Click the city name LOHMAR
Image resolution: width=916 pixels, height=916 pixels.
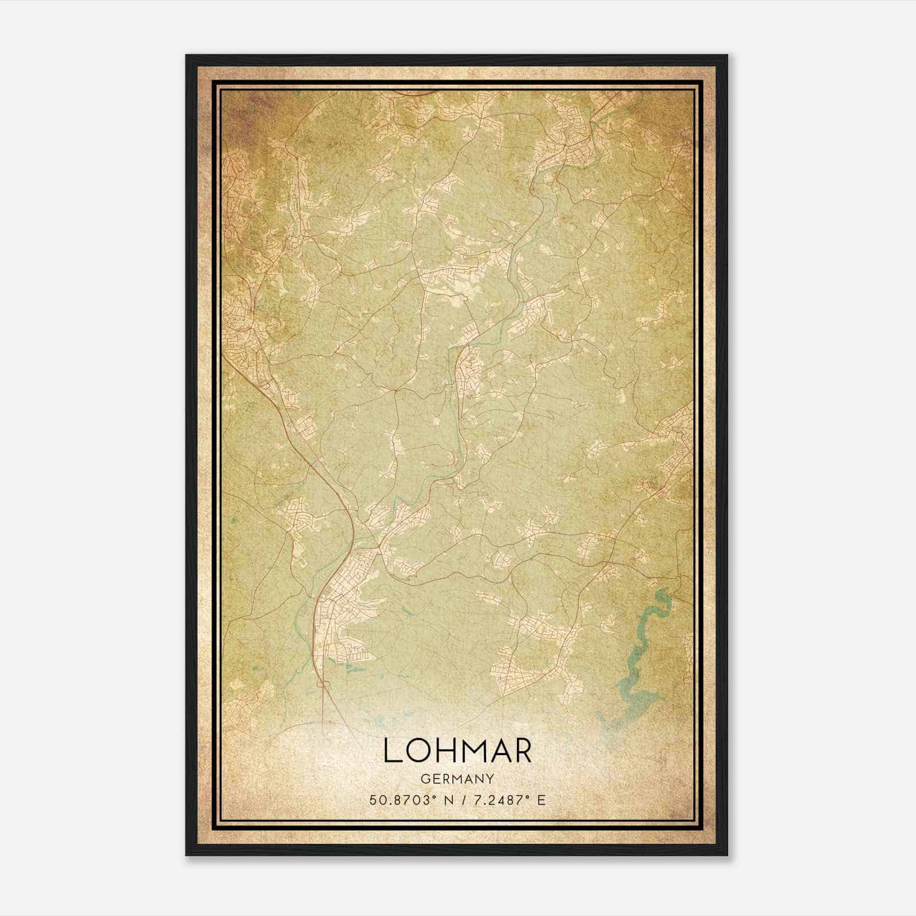tap(457, 751)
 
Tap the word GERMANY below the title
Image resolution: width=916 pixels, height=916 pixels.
tap(457, 779)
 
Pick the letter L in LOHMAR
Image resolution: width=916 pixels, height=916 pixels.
tap(392, 751)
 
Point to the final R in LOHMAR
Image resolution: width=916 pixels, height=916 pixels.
tap(522, 751)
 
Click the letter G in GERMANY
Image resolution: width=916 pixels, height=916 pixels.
tap(424, 779)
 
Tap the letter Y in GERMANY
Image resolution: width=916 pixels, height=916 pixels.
tap(491, 779)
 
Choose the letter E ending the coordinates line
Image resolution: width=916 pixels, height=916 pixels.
tap(542, 800)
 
